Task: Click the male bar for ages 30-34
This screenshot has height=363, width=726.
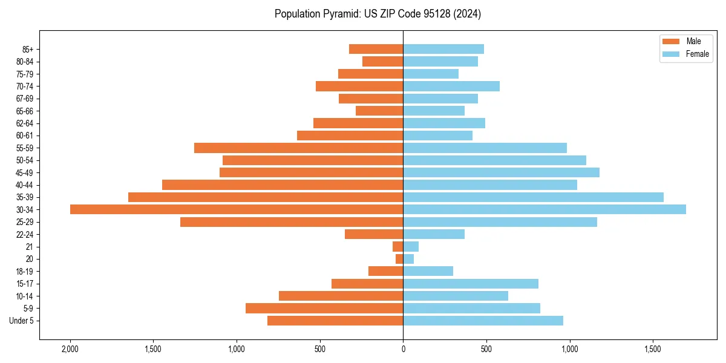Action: [x=236, y=209]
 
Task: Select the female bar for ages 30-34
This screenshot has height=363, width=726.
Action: [x=544, y=209]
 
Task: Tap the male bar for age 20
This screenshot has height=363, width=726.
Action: [x=399, y=259]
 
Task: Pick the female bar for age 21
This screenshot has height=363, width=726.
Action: [x=411, y=247]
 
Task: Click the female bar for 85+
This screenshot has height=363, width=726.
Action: [x=443, y=49]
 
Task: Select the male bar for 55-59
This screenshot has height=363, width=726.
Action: [x=298, y=148]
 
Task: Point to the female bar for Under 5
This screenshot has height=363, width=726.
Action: [x=483, y=321]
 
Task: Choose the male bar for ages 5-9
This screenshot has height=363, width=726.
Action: [x=324, y=308]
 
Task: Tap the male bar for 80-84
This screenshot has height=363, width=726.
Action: [x=382, y=61]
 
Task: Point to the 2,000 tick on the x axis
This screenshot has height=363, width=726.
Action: [x=70, y=349]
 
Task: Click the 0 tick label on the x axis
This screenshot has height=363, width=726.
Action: [x=403, y=349]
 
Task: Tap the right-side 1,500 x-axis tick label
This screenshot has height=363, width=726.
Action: [x=653, y=349]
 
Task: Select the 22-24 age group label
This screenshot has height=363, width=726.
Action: [x=25, y=234]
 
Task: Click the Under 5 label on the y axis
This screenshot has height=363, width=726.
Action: [x=21, y=321]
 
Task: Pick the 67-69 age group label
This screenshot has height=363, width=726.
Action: [x=25, y=99]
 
